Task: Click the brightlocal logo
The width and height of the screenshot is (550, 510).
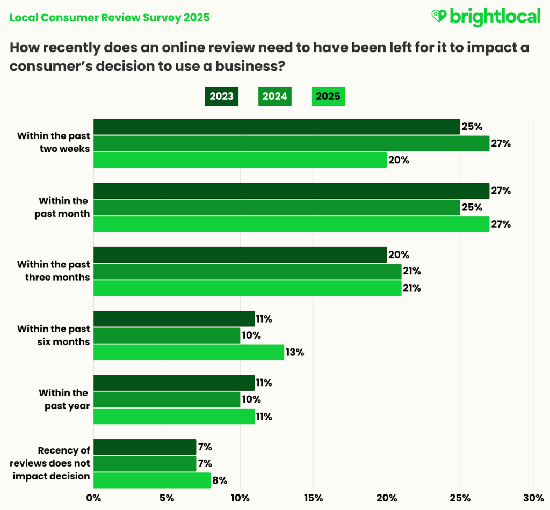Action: [x=486, y=17]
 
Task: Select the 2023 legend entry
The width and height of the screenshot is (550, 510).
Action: [x=221, y=97]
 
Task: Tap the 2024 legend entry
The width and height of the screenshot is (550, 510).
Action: [x=274, y=97]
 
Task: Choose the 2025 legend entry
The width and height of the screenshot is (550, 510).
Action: [x=328, y=97]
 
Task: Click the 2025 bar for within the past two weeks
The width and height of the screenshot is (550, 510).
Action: [x=240, y=160]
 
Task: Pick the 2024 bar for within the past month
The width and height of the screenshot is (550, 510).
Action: [x=277, y=207]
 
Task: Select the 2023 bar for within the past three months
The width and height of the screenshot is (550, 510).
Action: [x=240, y=254]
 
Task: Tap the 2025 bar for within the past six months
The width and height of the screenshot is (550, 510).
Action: [x=189, y=352]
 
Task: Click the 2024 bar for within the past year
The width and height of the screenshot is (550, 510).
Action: [x=167, y=399]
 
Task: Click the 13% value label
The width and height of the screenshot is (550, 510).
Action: [x=295, y=352]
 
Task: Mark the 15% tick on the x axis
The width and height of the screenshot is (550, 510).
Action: [x=313, y=498]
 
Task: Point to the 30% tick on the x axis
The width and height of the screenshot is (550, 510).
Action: [x=533, y=498]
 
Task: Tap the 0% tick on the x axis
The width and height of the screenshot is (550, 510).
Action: [x=93, y=498]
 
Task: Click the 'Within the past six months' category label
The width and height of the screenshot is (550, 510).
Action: [x=54, y=335]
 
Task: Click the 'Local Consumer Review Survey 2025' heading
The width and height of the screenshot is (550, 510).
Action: [x=110, y=18]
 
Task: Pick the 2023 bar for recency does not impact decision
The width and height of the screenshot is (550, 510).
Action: [x=145, y=447]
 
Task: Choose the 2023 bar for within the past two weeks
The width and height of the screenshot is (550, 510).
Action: [x=277, y=127]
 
